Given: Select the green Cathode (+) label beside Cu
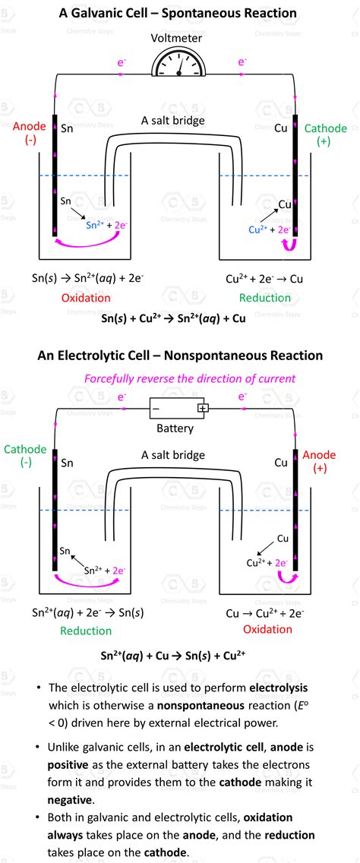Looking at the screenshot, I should [325, 136].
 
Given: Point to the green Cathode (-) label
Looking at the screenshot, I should [25, 456].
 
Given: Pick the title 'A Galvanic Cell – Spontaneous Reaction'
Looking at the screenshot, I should [178, 13].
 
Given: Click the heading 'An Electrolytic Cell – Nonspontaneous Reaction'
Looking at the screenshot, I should [178, 356].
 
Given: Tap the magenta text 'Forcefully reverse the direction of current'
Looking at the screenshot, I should [190, 378].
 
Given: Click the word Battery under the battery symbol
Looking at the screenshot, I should [175, 428].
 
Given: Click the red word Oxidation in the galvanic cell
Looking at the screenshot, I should [86, 298].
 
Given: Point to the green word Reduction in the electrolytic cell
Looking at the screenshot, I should [86, 631].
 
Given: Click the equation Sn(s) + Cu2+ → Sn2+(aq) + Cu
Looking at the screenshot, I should [173, 319].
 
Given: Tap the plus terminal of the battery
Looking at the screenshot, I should [203, 408].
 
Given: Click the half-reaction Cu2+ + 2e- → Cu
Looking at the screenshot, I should [264, 279].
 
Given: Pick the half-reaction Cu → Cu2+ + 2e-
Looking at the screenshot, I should [265, 612].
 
